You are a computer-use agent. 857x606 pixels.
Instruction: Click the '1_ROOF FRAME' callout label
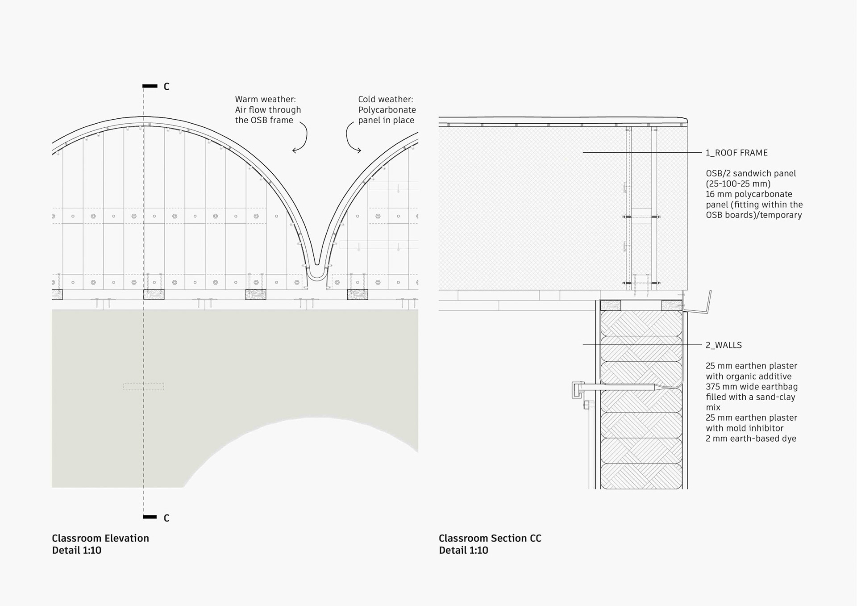point(736,153)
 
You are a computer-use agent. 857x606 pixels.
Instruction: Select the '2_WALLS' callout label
point(724,345)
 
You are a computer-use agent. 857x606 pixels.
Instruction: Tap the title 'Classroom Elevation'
point(100,538)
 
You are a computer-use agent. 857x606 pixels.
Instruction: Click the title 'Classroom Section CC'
point(490,538)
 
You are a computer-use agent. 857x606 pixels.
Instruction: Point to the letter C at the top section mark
point(166,87)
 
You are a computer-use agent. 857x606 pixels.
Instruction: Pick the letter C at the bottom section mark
point(166,518)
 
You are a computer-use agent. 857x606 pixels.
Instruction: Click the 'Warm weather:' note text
point(265,99)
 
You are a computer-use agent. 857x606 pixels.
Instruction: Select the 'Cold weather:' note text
point(385,99)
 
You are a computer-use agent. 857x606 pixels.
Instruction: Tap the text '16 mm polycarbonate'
point(749,194)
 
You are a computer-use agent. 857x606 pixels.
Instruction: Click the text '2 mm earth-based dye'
point(751,439)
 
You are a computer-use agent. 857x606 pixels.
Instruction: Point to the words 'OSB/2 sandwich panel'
point(750,173)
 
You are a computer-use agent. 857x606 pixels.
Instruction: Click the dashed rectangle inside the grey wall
point(143,387)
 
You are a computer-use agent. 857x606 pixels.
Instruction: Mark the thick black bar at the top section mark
point(150,86)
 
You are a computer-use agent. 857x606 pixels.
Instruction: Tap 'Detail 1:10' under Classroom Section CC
point(463,550)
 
